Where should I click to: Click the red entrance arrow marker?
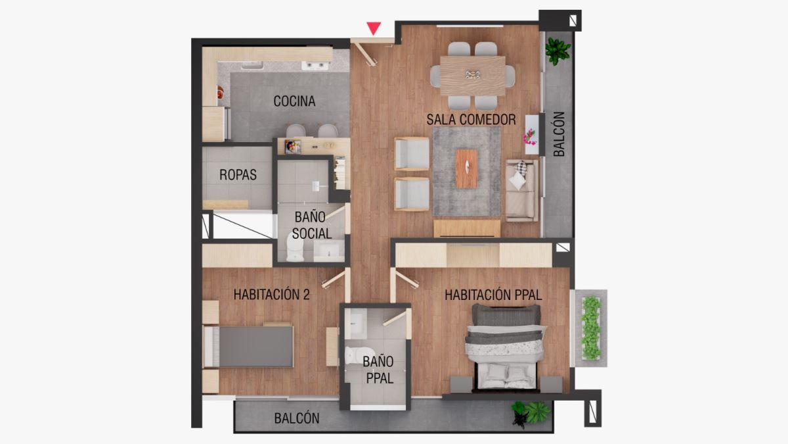point(374,28)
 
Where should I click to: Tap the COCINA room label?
point(294,101)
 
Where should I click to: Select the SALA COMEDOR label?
point(471,120)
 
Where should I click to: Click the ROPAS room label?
point(238,175)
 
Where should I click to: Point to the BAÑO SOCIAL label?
point(312,224)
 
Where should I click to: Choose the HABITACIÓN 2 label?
point(271,295)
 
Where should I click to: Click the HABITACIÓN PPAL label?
point(493,295)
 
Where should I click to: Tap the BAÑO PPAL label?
point(378,369)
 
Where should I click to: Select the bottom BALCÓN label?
point(297,418)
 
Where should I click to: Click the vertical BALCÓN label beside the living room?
point(559,134)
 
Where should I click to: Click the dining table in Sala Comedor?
point(473,75)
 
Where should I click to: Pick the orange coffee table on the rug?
point(467,168)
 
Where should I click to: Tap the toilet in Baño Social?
point(295,249)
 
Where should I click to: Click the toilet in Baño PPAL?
point(353,355)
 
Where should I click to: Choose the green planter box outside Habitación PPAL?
point(591,328)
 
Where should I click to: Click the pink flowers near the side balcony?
point(529,136)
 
